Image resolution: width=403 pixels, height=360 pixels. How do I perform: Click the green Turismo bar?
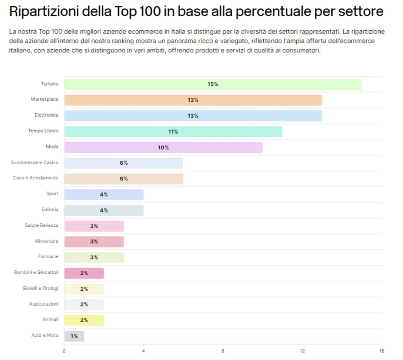click(x=213, y=84)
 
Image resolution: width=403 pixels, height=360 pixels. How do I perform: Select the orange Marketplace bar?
click(x=193, y=100)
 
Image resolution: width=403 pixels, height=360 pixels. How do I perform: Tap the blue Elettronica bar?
click(x=193, y=116)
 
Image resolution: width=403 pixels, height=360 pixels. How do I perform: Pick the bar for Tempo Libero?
click(x=173, y=132)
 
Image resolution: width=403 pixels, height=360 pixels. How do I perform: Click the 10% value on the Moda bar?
click(x=163, y=148)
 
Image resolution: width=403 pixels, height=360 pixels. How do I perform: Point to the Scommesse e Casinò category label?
click(x=35, y=163)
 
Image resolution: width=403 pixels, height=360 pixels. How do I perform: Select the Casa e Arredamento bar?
click(x=124, y=179)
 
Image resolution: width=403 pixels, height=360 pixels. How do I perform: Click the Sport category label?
click(x=52, y=194)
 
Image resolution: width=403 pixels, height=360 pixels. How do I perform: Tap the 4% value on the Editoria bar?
click(x=104, y=210)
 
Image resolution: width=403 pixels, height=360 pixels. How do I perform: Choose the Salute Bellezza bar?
click(x=94, y=226)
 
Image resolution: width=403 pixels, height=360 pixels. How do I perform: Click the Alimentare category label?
click(x=46, y=241)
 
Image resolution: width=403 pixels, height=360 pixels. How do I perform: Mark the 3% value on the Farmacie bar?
click(x=94, y=258)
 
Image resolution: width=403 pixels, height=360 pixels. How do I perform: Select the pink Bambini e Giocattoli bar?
click(x=84, y=273)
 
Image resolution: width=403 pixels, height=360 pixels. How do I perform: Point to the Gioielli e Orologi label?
click(x=41, y=288)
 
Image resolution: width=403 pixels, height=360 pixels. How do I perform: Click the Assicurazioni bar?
click(x=84, y=304)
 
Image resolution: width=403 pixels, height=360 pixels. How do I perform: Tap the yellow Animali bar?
click(x=84, y=320)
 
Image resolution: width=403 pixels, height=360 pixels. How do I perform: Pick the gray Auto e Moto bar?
click(x=74, y=336)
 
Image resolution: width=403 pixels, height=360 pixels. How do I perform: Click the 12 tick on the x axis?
click(x=302, y=351)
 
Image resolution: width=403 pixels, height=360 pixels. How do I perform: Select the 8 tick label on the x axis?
click(x=223, y=351)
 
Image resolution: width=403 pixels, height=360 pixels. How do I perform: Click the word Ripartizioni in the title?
click(x=44, y=11)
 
